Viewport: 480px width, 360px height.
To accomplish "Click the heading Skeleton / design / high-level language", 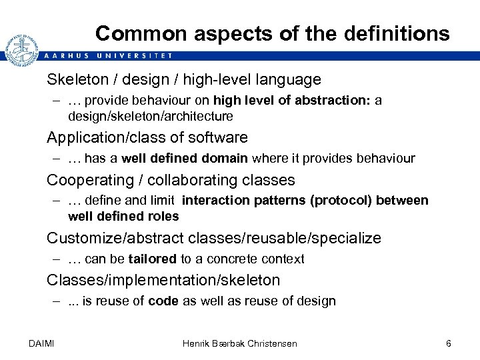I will [183, 80].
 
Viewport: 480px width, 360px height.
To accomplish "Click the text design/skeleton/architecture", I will [151, 117].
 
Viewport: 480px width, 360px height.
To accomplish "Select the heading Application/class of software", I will [147, 138].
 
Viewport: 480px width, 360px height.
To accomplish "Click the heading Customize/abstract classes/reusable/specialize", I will [213, 238].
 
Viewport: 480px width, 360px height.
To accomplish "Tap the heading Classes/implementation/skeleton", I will [163, 280].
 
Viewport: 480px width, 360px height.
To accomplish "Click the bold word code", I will [163, 301].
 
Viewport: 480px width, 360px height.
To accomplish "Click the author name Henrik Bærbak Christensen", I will [240, 343].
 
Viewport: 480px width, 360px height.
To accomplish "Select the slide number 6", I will [448, 343].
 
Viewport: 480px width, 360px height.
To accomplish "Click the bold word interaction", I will [216, 201].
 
